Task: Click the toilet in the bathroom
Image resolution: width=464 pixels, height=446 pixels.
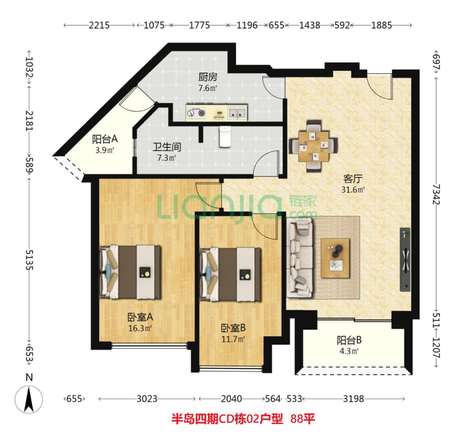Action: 225,136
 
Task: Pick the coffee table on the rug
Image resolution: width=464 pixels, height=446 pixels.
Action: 335,258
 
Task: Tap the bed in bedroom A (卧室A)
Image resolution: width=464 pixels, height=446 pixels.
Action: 130,272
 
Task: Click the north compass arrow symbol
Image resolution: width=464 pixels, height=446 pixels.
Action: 29,399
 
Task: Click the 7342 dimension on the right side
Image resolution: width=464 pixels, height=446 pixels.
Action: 436,194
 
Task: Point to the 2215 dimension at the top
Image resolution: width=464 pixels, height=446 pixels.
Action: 99,25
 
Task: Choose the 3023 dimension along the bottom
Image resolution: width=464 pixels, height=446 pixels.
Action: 147,399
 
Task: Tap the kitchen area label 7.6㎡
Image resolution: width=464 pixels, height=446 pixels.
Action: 208,88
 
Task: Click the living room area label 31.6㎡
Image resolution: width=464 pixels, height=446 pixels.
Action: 353,189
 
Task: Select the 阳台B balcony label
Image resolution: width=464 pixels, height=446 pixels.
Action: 349,341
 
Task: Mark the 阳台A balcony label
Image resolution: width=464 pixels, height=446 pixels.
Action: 105,139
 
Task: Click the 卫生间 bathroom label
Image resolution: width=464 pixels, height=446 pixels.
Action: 167,147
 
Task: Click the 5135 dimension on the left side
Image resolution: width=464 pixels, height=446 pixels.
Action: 29,260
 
